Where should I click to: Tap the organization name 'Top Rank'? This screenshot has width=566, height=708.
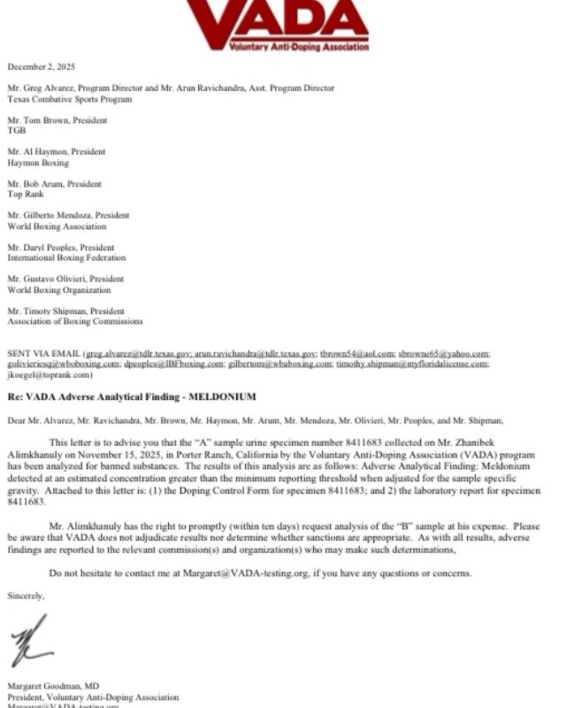point(26,193)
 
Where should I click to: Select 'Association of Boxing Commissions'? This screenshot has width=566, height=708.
point(74,321)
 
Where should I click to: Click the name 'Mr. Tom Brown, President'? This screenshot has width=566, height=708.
point(57,119)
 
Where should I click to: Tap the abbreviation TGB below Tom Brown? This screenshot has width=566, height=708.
point(17,130)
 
